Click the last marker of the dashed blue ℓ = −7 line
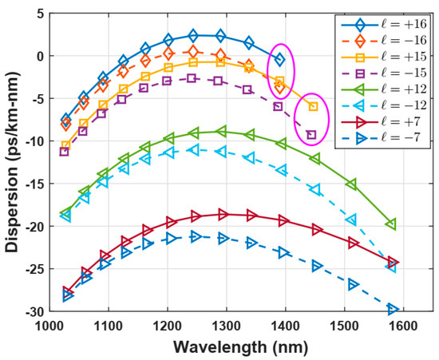[x=392, y=309]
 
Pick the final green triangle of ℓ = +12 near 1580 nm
[x=391, y=224]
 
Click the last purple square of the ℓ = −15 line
[x=311, y=135]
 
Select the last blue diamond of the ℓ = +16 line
[x=279, y=60]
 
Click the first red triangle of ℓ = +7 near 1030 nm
[x=67, y=292]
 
